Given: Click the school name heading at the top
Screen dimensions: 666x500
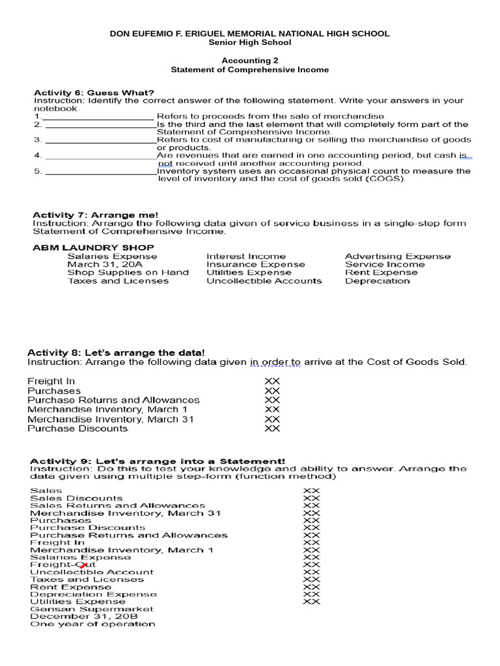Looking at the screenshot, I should [x=250, y=33].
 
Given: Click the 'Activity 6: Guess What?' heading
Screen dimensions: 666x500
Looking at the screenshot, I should [x=94, y=92].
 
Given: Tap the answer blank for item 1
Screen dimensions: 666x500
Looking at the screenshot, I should [x=98, y=116].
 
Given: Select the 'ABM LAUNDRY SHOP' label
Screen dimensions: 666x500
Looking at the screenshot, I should [x=93, y=247].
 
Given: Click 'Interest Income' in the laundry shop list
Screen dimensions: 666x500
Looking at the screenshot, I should [x=245, y=256].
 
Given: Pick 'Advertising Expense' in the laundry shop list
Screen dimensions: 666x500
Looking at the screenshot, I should [x=397, y=256].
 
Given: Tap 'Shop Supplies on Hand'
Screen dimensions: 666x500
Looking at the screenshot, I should [x=128, y=273].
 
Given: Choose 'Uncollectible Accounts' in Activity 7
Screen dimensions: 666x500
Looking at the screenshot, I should [x=264, y=281].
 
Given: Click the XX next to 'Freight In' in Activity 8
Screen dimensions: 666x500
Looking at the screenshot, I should [x=272, y=381].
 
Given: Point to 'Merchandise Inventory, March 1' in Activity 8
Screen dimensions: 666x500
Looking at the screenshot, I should [x=107, y=410].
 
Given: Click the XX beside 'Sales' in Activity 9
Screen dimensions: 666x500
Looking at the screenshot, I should [x=312, y=490].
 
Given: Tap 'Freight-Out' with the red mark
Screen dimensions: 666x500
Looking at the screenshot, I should [x=59, y=565].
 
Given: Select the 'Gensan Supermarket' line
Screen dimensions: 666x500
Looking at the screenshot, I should [x=92, y=609].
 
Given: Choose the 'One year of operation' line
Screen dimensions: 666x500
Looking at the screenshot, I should [x=92, y=624].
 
